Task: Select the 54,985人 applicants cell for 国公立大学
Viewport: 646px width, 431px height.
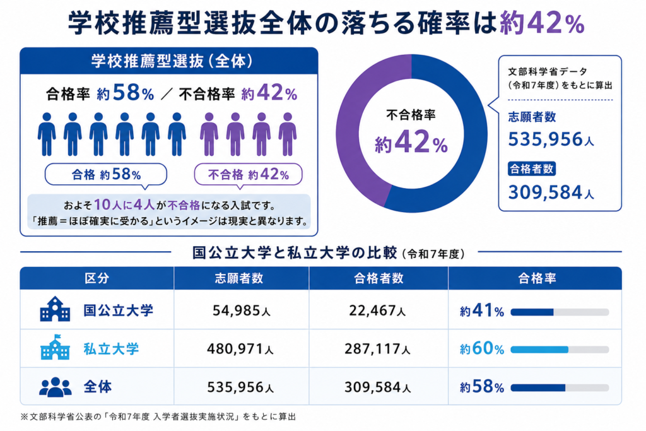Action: [242, 310]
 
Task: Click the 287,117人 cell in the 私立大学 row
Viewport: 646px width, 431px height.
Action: [377, 349]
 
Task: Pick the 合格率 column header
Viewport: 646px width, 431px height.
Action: [537, 278]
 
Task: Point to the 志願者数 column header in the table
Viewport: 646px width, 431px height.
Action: [239, 278]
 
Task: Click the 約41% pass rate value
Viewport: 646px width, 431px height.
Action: [482, 310]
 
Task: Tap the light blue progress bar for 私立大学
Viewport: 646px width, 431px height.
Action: [539, 350]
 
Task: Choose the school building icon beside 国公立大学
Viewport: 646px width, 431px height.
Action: [55, 309]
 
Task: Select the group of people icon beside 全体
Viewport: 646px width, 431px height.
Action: [56, 387]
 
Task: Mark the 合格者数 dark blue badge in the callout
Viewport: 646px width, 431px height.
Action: [531, 169]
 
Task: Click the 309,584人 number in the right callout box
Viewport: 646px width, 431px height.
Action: [551, 192]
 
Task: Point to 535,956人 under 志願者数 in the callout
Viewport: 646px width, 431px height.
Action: [551, 139]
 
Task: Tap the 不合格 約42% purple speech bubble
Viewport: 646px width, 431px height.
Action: [248, 175]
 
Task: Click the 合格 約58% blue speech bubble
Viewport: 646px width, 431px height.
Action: [106, 175]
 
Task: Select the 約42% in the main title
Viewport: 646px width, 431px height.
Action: [542, 23]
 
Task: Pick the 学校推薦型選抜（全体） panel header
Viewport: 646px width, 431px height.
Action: [169, 61]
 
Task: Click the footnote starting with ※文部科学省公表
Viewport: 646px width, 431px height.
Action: [158, 417]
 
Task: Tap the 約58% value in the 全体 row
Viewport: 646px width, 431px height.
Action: [482, 387]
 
